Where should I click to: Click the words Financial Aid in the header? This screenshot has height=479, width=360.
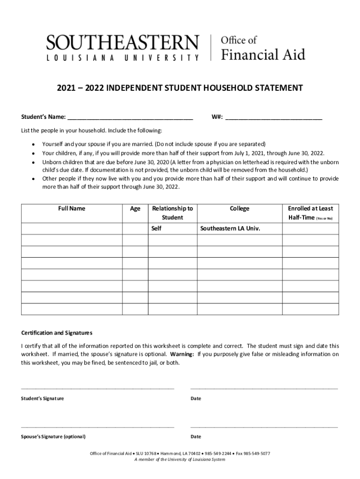(x=263, y=55)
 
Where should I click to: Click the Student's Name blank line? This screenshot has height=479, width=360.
(x=130, y=117)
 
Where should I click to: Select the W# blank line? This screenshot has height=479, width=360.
(x=274, y=117)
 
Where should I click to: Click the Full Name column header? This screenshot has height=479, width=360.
(x=72, y=209)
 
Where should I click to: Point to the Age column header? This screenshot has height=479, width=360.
(x=135, y=209)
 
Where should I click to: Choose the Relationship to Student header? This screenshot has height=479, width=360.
(x=172, y=213)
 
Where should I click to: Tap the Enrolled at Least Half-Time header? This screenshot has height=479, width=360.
(x=310, y=213)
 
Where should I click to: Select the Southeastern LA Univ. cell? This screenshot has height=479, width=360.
(x=230, y=229)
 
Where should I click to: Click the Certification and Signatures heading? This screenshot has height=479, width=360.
(x=57, y=333)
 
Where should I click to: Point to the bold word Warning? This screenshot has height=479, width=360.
(x=182, y=354)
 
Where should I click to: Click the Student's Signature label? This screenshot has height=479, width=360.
(x=43, y=399)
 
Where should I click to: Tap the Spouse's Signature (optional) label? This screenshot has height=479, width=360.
(x=53, y=437)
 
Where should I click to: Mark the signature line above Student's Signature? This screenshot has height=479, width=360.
(x=98, y=388)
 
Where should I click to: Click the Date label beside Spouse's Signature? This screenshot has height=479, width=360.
(x=196, y=437)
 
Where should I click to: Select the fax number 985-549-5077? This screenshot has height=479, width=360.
(x=257, y=454)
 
